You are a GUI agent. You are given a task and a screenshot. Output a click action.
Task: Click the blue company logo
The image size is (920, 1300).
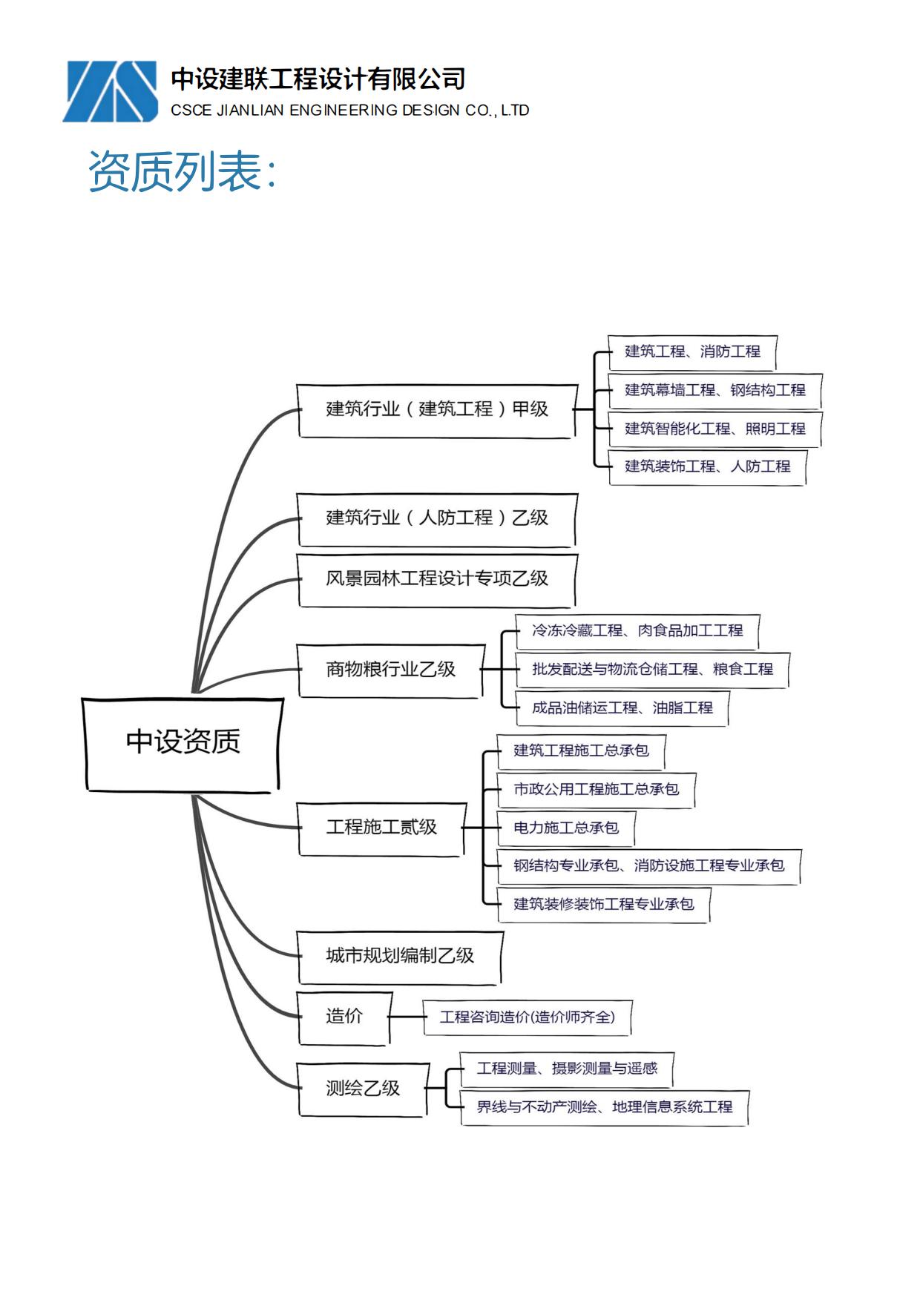coord(110,91)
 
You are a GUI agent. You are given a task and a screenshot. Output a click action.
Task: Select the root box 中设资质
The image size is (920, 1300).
coord(183,744)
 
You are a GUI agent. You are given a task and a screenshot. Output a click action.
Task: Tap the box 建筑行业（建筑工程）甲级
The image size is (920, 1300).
coord(437,410)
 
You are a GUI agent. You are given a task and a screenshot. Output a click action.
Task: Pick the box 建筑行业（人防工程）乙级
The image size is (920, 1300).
coord(437,519)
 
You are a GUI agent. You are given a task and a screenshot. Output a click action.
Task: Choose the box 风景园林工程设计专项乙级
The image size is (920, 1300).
coord(437,580)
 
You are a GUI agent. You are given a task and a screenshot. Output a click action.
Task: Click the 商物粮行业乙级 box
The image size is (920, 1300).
coord(390,670)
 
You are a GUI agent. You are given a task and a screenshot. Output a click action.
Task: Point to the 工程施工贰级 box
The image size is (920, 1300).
coord(381,828)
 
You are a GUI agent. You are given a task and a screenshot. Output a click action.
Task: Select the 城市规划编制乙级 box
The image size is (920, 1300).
coord(400,957)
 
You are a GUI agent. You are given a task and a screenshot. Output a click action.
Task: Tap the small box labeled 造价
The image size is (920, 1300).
coord(344,1017)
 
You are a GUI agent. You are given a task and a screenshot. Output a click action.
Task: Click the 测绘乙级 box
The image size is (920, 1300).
coord(363,1089)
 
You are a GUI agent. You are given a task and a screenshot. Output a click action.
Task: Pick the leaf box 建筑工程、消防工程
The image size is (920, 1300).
coord(692,352)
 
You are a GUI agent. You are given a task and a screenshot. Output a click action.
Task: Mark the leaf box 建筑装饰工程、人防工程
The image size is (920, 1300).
coord(707,467)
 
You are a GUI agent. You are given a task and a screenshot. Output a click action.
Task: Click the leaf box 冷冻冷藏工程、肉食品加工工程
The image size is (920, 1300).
coord(637,632)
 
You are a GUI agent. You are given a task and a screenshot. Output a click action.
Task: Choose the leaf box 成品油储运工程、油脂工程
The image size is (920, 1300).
coord(622,709)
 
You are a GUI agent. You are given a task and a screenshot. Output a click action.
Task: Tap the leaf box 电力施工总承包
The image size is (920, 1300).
coord(566,828)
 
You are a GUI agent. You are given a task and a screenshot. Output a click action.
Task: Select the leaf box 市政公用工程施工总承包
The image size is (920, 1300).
coord(596,790)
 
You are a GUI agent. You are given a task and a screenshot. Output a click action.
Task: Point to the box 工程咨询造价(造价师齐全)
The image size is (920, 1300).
coord(527,1017)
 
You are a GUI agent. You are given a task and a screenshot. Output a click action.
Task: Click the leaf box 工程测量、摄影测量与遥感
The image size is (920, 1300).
coord(567,1069)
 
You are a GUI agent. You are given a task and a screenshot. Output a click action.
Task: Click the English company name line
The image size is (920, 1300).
coord(349,110)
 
